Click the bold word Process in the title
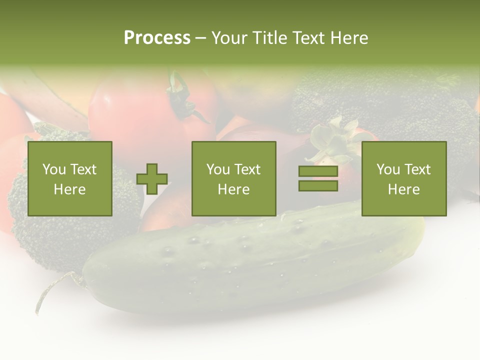tap(157, 38)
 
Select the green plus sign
tap(152, 179)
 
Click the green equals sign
tap(318, 178)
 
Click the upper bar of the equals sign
tap(318, 171)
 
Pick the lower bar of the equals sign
tap(318, 185)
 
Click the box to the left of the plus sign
tap(70, 178)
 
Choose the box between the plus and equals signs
tap(234, 178)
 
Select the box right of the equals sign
tap(404, 178)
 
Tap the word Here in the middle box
tap(234, 189)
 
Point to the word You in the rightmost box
tap(388, 169)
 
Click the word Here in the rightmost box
tap(404, 189)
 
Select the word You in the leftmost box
tap(54, 169)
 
